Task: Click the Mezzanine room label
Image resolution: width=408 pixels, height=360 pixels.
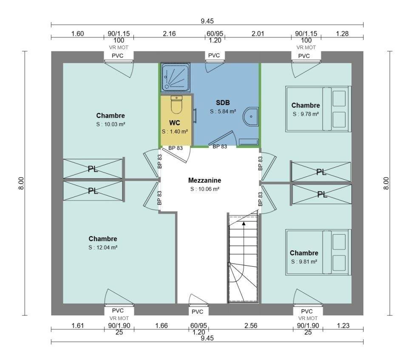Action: pyautogui.click(x=204, y=181)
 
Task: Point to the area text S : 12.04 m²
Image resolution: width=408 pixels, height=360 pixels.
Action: pyautogui.click(x=103, y=247)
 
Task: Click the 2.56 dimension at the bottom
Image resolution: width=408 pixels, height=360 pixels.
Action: pyautogui.click(x=251, y=326)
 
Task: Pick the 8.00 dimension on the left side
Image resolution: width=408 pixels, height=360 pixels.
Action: pyautogui.click(x=22, y=183)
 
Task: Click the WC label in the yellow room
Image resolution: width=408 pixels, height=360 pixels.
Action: pyautogui.click(x=175, y=123)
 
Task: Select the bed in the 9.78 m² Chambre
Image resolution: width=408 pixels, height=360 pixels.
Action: pyautogui.click(x=318, y=109)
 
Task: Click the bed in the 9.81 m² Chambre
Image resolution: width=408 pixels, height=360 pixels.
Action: pyautogui.click(x=318, y=252)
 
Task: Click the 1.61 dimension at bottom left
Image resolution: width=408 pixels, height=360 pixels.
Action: pyautogui.click(x=77, y=326)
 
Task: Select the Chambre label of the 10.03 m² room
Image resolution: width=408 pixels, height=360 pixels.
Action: pyautogui.click(x=110, y=116)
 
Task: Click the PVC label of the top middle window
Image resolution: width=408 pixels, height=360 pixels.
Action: pyautogui.click(x=214, y=56)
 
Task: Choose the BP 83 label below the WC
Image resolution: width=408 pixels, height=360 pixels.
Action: pyautogui.click(x=176, y=148)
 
